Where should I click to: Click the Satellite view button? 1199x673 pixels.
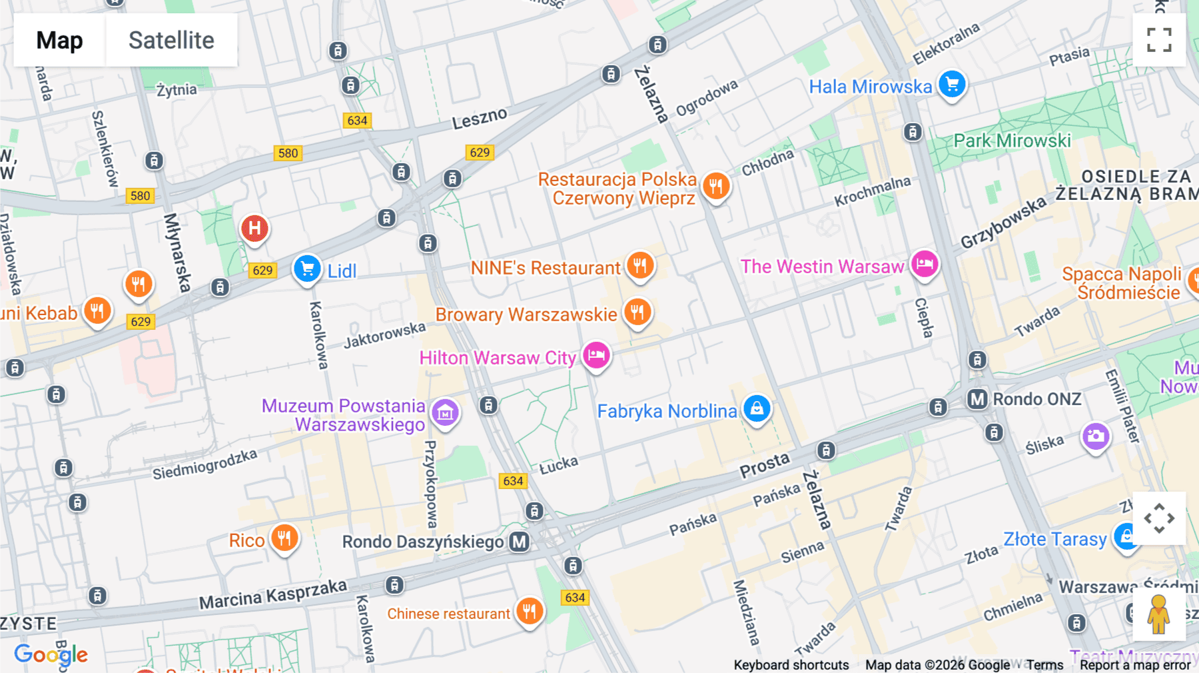coord(171,40)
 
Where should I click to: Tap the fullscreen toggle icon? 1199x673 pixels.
coord(1159,40)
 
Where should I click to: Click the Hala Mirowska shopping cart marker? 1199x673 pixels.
coord(952,85)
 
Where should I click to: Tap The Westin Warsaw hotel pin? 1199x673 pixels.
coord(925,264)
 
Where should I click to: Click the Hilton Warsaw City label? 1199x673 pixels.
coord(497,358)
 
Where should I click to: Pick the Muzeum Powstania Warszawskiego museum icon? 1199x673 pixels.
coord(445,413)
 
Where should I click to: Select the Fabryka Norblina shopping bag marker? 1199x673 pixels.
coord(757,408)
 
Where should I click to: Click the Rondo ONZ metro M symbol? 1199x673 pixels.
coord(977,399)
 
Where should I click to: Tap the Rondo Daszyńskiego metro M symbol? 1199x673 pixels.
coord(520,542)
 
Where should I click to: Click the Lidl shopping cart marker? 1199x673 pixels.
coord(307,269)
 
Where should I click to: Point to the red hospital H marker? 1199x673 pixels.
coord(254,229)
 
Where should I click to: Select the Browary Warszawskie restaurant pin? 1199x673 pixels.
coord(637,312)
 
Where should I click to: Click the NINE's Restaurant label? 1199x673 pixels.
coord(545,268)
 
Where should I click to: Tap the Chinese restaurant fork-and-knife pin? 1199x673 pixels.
coord(530,610)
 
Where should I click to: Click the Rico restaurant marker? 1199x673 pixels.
coord(284,538)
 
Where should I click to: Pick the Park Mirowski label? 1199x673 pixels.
coord(1012,141)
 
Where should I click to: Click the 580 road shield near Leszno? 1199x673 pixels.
coord(288,153)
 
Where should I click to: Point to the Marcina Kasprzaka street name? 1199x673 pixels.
coord(273,594)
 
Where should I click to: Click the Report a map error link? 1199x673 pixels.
coord(1135,665)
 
